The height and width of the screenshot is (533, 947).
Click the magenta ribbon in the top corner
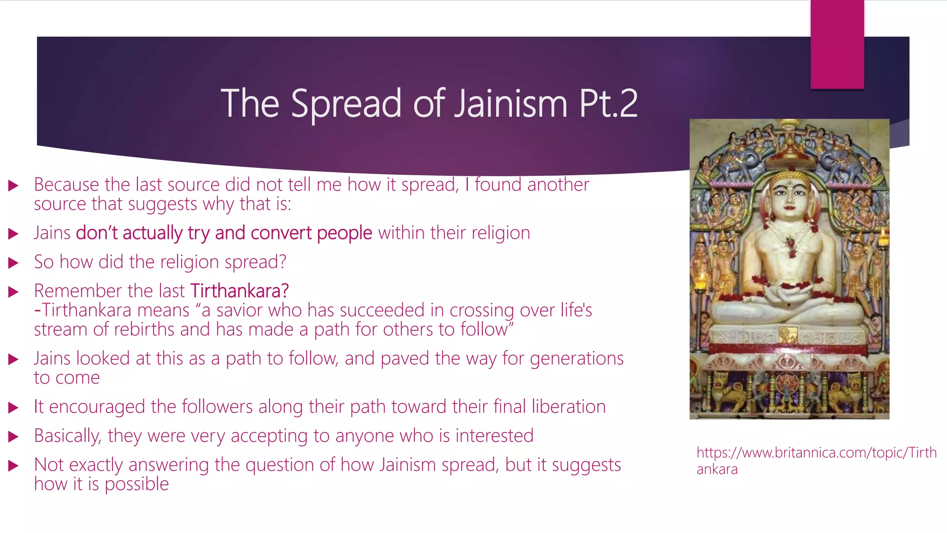point(837,44)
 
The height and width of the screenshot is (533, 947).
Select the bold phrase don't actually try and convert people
point(224,233)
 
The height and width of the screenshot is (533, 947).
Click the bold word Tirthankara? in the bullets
point(240,291)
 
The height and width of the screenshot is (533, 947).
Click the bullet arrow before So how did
point(13,263)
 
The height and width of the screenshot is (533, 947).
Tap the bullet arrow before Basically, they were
point(13,436)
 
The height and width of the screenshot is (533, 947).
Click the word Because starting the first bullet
point(66,185)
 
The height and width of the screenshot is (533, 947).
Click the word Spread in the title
point(346,104)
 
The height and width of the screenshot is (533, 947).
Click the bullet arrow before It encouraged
point(13,408)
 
